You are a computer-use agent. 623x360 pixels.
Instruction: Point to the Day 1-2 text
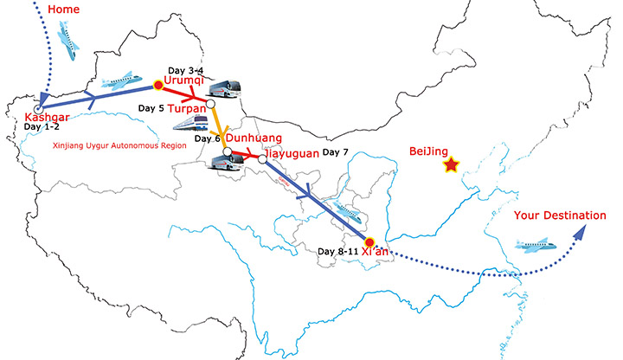pos(43,127)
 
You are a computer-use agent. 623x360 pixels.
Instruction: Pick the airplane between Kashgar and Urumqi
pos(121,82)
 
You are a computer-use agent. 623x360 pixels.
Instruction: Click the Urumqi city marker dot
pos(157,85)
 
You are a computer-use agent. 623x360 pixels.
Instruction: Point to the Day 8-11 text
pos(337,252)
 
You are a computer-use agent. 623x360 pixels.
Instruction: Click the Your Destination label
pos(560,215)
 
